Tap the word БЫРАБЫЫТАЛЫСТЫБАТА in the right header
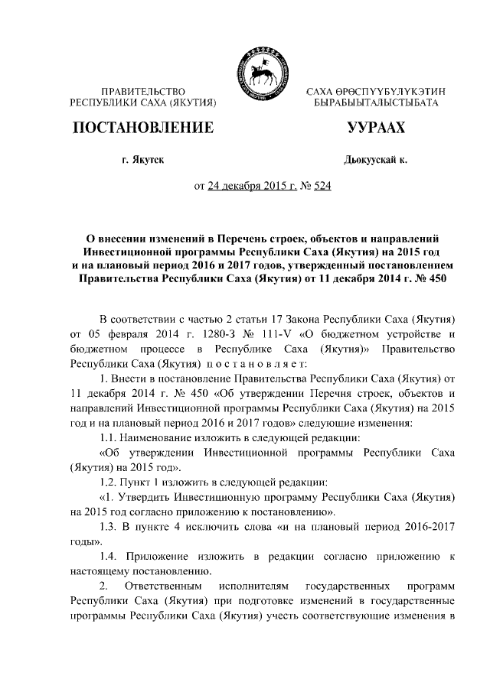pos(370,102)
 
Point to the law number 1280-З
pos(230,333)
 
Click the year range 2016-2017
pos(423,528)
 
